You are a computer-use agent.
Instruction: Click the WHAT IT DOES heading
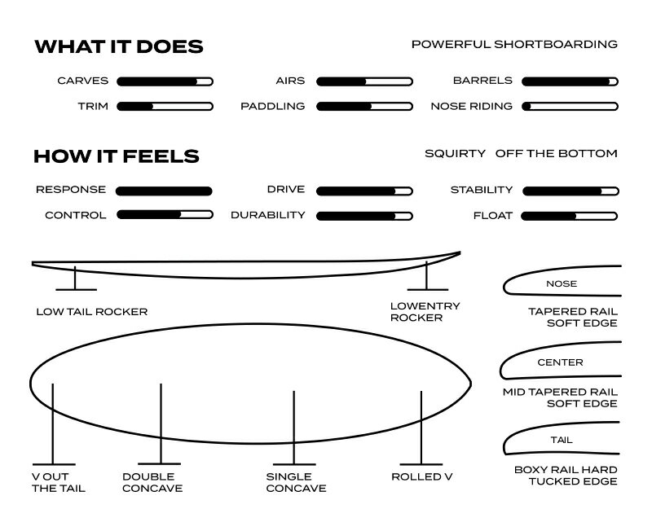119,46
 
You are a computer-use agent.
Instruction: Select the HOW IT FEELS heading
117,156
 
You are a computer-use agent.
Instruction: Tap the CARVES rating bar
165,81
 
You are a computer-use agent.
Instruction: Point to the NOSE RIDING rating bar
570,107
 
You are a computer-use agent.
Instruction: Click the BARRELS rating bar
570,81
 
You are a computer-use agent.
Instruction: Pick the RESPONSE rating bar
164,191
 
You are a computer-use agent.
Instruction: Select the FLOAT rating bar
569,216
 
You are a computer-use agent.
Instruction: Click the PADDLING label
273,107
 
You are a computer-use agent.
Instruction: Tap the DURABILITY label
268,215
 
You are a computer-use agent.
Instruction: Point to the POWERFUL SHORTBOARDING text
514,45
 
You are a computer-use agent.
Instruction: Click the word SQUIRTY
456,154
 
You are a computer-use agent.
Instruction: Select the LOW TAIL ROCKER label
92,312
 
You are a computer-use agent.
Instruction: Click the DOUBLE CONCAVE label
152,482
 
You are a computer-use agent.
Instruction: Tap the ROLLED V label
422,477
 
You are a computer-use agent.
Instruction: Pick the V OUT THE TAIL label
59,482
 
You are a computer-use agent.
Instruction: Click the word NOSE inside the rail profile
562,283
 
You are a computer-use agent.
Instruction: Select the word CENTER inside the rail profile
560,362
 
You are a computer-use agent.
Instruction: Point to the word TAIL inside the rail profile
562,440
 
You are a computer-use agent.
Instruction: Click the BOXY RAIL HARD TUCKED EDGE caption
566,476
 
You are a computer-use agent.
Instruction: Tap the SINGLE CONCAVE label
297,482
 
